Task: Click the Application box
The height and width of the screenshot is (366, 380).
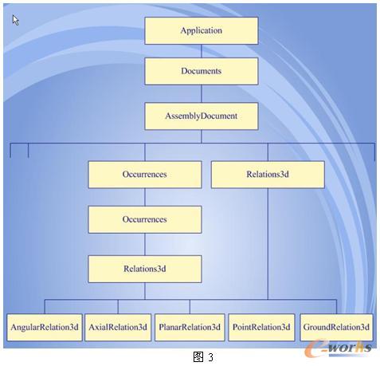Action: [x=202, y=30]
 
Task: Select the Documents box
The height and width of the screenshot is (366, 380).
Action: [x=202, y=71]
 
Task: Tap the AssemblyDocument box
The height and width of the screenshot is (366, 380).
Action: [x=202, y=116]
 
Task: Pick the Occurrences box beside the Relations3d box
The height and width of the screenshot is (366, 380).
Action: [x=145, y=175]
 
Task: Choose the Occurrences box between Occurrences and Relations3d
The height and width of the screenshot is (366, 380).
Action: [x=145, y=219]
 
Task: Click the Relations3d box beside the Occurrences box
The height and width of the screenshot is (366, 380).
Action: [x=268, y=175]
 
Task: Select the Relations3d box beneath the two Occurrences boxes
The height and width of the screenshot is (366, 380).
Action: [x=145, y=269]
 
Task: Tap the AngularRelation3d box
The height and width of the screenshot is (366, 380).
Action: [x=45, y=327]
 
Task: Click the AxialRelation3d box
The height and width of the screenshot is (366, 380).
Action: [x=118, y=327]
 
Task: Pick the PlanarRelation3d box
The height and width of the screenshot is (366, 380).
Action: [x=190, y=327]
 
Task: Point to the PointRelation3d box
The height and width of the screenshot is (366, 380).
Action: [x=261, y=327]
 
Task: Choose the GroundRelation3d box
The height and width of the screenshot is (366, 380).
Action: [x=336, y=327]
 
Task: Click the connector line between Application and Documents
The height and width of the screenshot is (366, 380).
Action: [x=202, y=51]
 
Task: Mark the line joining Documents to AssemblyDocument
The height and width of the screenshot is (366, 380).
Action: [x=202, y=94]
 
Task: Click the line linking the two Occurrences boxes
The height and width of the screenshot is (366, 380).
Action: [x=145, y=197]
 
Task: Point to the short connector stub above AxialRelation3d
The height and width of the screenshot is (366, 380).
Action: [x=118, y=307]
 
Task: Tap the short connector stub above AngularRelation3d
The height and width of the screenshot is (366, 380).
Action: [x=45, y=307]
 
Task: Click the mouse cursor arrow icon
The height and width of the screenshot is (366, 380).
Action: [x=15, y=20]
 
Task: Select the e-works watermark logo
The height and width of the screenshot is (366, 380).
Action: [x=338, y=348]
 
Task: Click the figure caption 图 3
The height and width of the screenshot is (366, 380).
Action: [x=203, y=356]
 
